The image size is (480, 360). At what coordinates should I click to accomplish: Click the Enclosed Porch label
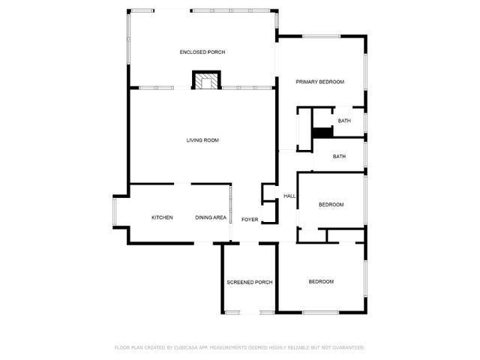coord(202,52)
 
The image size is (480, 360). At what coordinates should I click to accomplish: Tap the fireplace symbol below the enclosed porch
coord(207,80)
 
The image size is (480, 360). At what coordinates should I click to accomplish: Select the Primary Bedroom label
coord(319,82)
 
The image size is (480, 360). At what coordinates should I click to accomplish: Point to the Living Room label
coord(202,140)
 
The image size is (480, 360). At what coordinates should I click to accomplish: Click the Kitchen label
coord(162,217)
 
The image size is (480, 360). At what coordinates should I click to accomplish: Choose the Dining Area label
coord(211,217)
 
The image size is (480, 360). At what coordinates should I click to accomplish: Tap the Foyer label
coord(250,220)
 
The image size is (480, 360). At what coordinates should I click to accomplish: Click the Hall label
coord(289,196)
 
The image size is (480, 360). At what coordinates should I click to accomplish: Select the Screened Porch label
coord(250,282)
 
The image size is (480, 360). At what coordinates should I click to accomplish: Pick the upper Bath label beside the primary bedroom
coord(344,121)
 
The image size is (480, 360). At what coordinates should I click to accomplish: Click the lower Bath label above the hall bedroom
coord(340,157)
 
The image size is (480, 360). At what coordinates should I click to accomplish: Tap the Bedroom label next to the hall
coord(331,205)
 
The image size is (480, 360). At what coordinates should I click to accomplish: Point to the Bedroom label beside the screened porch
coord(321,281)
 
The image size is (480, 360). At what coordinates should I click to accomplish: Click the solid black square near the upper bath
coord(322,133)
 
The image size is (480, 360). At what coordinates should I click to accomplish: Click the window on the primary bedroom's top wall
coord(322,36)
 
